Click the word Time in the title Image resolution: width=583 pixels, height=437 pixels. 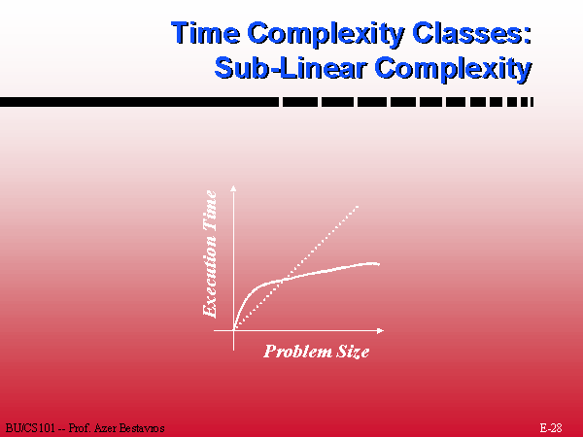point(206,33)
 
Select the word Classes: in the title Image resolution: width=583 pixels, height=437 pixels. point(472,33)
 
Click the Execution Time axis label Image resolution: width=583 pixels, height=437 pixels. point(210,253)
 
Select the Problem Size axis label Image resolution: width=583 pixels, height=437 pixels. point(317,352)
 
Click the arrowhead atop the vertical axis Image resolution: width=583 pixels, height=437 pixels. point(233,187)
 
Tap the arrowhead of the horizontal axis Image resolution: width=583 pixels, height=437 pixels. point(380,330)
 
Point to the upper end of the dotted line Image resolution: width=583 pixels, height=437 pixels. point(358,206)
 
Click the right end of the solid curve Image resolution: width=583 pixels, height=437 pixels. point(379,264)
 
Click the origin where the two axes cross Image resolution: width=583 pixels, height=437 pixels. point(233,330)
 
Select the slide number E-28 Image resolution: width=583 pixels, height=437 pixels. point(551,427)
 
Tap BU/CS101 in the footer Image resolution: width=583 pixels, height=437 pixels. point(30,428)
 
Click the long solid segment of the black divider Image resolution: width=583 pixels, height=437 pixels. point(139,102)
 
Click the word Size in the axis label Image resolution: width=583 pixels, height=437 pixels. point(353,352)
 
